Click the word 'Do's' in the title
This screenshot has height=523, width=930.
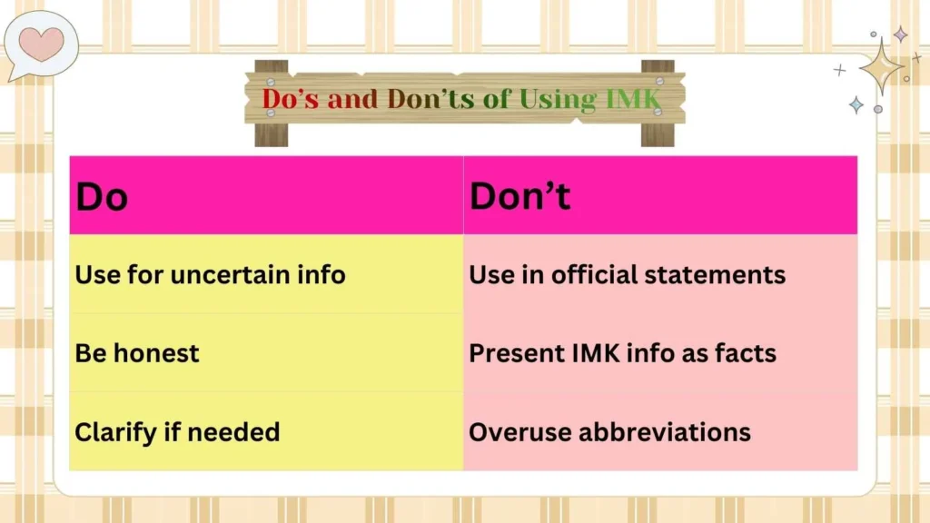pos(292,99)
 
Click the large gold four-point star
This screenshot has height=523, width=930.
pos(879,65)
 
